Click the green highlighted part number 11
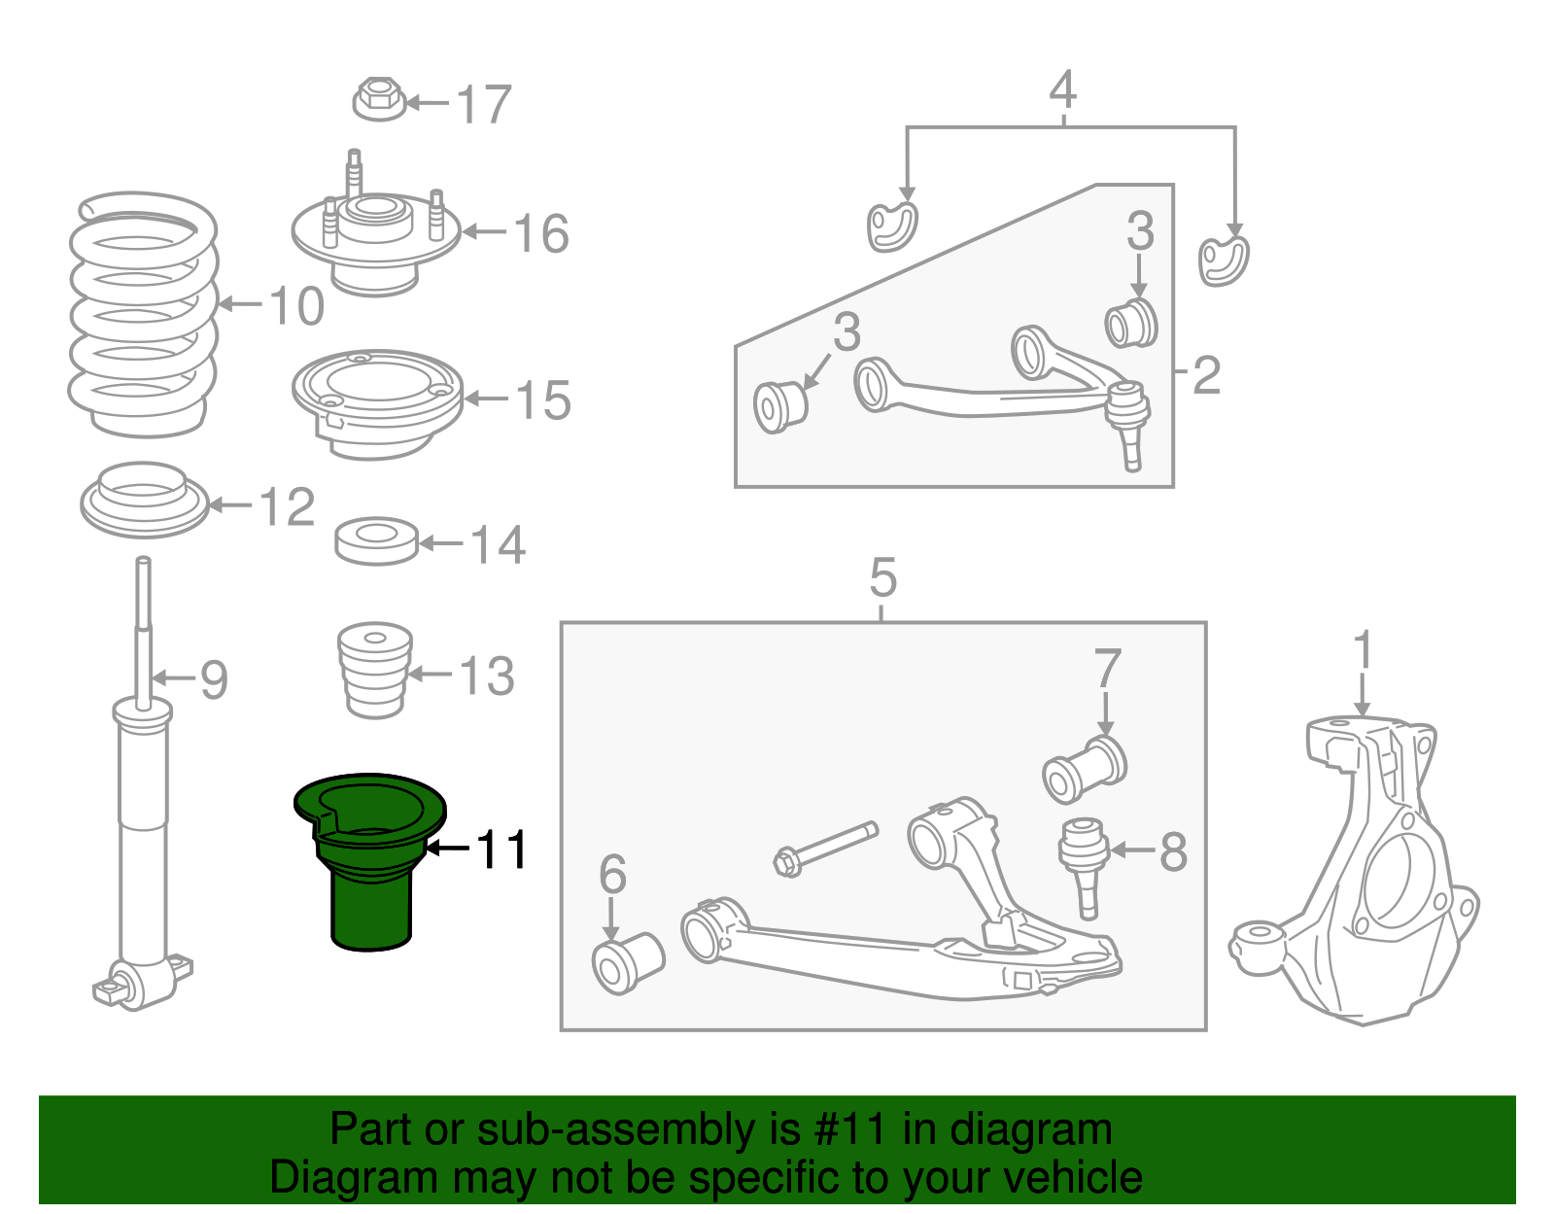point(369,860)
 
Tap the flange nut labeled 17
point(378,99)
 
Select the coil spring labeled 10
point(143,316)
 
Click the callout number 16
point(540,234)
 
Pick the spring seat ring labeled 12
point(144,499)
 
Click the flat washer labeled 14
point(376,540)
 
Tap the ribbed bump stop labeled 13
point(375,671)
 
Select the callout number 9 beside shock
point(213,679)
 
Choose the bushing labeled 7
point(1084,768)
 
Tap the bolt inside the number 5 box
point(826,848)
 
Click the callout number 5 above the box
point(882,578)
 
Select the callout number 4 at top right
point(1063,89)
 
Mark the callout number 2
point(1206,375)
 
